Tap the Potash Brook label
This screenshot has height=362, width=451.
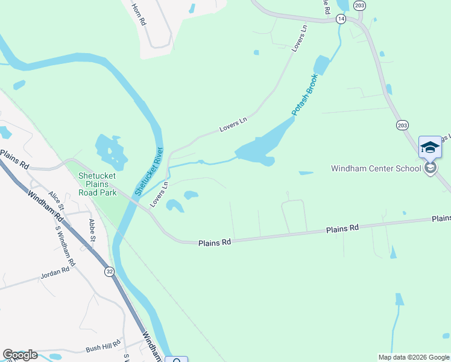pos(304,95)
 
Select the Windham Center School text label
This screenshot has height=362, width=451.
pos(376,168)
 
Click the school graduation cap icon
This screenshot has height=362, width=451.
pos(430,147)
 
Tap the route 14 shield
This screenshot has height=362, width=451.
pos(341,19)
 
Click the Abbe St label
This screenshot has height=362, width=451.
pos(92,230)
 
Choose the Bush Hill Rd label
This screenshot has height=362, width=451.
pos(104,348)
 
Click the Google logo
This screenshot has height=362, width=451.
pos(20,355)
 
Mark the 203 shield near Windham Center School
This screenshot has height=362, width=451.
pos(403,125)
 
